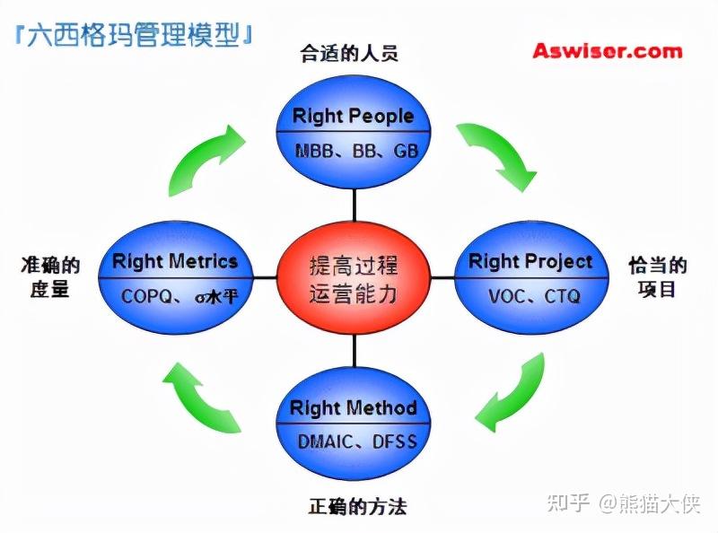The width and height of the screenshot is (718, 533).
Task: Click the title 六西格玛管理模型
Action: coord(134,34)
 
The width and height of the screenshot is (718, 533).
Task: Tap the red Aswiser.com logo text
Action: coord(608,51)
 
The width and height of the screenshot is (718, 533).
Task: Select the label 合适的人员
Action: coord(349,53)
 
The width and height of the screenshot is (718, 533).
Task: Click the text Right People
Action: coord(353,116)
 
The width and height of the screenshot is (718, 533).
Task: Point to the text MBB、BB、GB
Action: coord(356,151)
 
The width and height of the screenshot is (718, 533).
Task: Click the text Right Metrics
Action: coord(175,261)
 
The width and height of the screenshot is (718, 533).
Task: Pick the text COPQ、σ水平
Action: coord(180,297)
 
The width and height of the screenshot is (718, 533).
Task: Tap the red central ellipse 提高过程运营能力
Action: coord(354,278)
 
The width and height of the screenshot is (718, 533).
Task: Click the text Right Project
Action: coord(530,261)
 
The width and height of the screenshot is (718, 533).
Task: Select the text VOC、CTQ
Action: coord(534,296)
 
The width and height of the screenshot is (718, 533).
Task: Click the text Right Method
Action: coord(353,407)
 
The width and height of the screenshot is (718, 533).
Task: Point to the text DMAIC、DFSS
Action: coord(357,441)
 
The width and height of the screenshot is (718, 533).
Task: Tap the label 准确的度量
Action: coord(50,277)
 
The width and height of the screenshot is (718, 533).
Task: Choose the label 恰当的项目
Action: coord(658,277)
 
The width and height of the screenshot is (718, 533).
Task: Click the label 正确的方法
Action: coord(357,506)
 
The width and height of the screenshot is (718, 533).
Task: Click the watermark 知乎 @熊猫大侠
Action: coord(624,503)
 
